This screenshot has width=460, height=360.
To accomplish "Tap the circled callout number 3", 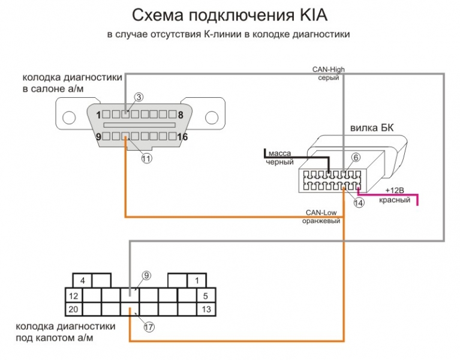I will [x=139, y=97].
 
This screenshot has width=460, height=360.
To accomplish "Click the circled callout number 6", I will [x=355, y=158].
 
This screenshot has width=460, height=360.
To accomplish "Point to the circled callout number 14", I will [x=358, y=203].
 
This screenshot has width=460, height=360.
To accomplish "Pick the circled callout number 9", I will [x=146, y=275].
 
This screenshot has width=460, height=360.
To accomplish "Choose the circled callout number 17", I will [x=149, y=328].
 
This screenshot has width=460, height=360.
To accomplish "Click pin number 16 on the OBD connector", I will [x=182, y=137].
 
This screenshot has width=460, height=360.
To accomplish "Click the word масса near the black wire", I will [x=279, y=153].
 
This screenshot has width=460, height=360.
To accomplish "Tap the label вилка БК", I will [x=372, y=128].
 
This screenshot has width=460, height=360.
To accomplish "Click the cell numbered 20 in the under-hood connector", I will [x=73, y=309].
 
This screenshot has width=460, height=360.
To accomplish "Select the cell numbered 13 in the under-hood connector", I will [x=206, y=309].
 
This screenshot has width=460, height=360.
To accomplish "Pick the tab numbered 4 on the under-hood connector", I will [x=84, y=281].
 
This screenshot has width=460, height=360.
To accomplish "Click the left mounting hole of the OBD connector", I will [x=70, y=117].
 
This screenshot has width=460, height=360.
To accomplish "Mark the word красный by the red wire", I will [x=395, y=200].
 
